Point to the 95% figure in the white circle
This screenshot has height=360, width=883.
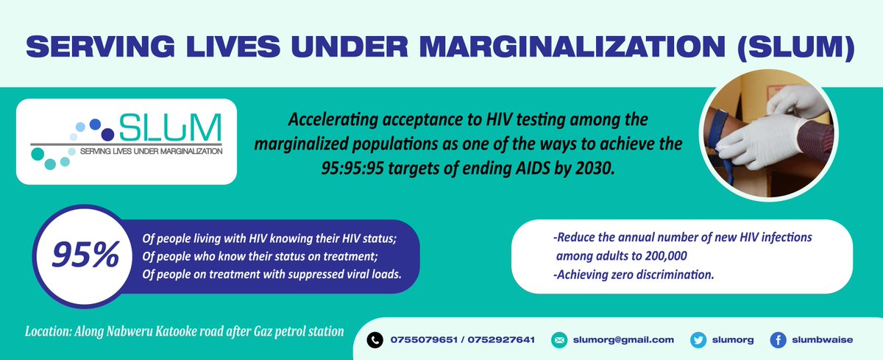pyautogui.click(x=85, y=255)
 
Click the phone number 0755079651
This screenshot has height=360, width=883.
pyautogui.click(x=425, y=339)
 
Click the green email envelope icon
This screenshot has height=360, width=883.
pyautogui.click(x=559, y=339)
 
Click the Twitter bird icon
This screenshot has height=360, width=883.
pyautogui.click(x=699, y=339)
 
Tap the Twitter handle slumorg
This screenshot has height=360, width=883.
pyautogui.click(x=737, y=339)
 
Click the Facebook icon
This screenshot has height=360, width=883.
pyautogui.click(x=778, y=339)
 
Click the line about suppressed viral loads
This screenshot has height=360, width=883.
pyautogui.click(x=272, y=273)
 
